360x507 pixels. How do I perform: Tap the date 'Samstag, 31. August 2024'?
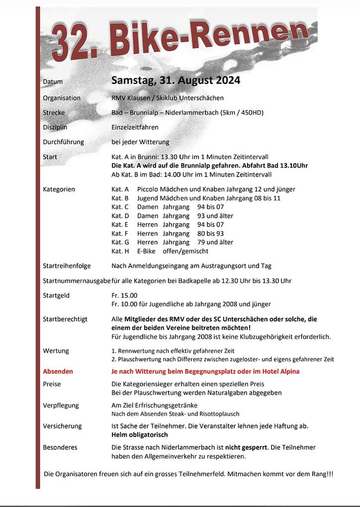(176, 81)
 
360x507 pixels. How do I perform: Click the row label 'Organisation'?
(62, 98)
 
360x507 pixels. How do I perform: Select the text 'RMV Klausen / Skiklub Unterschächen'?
(168, 98)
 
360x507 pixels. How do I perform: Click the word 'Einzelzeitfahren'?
(135, 127)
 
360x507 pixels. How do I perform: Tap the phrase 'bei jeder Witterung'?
(140, 142)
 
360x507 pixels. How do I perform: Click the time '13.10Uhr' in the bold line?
(294, 166)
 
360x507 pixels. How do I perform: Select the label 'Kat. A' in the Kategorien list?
(120, 189)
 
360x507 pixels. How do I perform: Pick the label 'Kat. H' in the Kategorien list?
(120, 251)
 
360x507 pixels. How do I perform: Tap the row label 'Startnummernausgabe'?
(77, 281)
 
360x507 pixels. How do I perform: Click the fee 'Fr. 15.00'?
(124, 295)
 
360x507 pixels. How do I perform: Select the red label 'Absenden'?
(58, 371)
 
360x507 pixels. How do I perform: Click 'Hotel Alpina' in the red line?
(280, 371)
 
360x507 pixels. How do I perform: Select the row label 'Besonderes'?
(60, 447)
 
